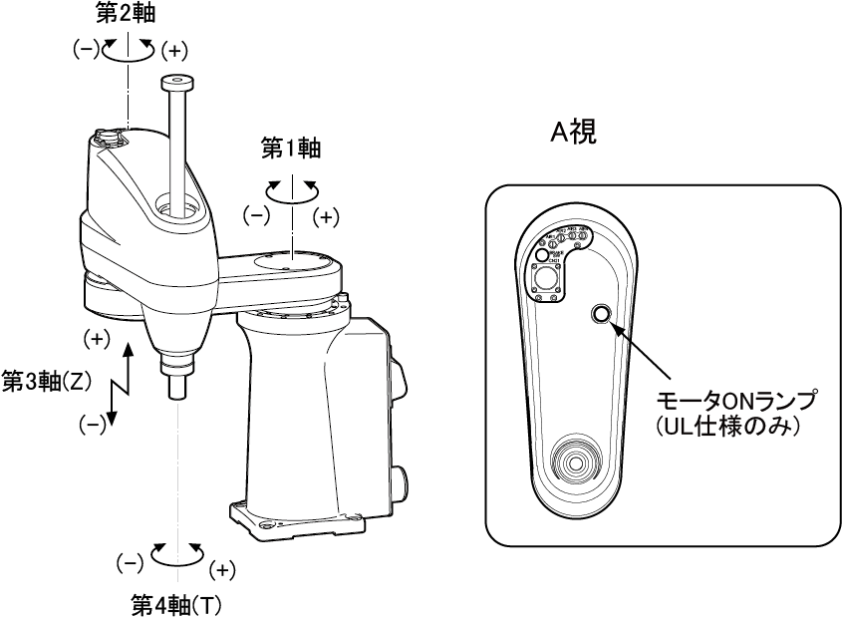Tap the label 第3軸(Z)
click(47, 381)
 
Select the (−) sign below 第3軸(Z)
click(93, 425)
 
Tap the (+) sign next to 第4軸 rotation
click(223, 570)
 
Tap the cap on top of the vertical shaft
click(175, 83)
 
